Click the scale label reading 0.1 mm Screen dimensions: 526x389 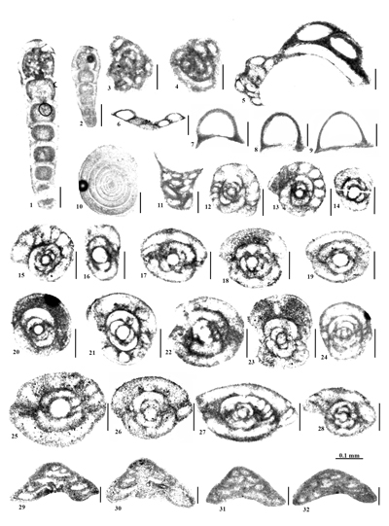coord(351,455)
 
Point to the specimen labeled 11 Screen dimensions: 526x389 coord(179,184)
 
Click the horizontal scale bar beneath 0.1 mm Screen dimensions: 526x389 coord(351,463)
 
